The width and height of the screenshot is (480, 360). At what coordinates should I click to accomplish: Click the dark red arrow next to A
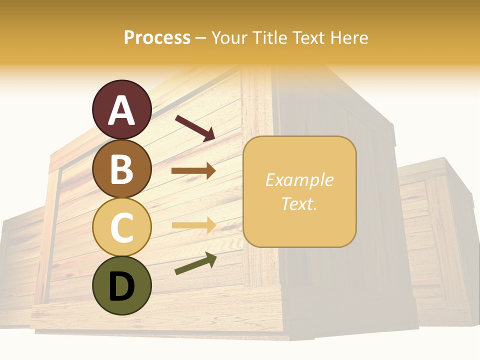[x=195, y=127]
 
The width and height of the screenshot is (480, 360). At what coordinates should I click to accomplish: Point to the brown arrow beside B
[x=193, y=171]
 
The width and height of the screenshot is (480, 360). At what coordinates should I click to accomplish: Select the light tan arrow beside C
[x=193, y=225]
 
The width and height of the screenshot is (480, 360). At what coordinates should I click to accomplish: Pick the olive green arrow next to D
[x=195, y=263]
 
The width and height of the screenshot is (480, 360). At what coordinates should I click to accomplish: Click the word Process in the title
[x=157, y=37]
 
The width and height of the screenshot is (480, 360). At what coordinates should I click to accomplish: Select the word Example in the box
[x=299, y=180]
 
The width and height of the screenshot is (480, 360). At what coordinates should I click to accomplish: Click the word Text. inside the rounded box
[x=299, y=203]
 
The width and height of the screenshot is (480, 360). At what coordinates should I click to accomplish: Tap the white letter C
[x=121, y=227]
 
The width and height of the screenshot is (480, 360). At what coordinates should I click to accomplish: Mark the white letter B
[x=121, y=169]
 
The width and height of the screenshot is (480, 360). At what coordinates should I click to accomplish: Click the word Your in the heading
[x=228, y=37]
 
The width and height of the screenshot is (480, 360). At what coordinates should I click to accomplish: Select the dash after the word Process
[x=201, y=38]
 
